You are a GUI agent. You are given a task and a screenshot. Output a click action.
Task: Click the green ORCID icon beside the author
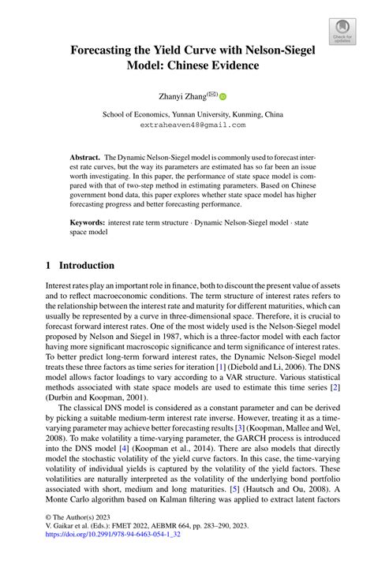(223, 97)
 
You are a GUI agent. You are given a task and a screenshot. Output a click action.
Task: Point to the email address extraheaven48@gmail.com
(193, 125)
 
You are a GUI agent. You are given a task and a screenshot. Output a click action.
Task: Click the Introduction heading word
(87, 266)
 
